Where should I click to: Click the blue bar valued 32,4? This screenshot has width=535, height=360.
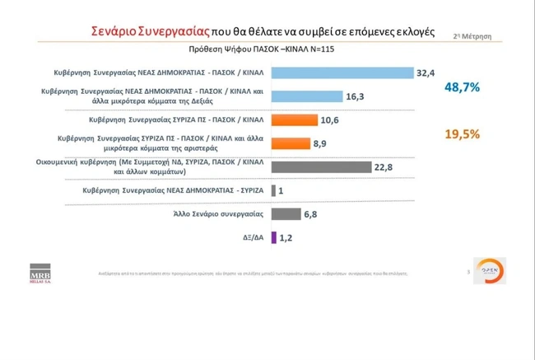pyautogui.click(x=342, y=73)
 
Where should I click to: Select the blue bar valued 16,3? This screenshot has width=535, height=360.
pyautogui.click(x=306, y=96)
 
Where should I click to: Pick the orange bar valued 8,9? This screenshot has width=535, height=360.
pyautogui.click(x=290, y=143)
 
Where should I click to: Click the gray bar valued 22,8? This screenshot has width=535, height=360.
pyautogui.click(x=320, y=166)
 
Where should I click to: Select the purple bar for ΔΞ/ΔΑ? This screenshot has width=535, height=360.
pyautogui.click(x=273, y=237)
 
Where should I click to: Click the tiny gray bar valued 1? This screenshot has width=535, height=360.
pyautogui.click(x=273, y=190)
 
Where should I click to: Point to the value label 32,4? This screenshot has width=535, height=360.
pyautogui.click(x=426, y=73)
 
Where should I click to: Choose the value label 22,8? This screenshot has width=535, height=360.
pyautogui.click(x=384, y=167)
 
